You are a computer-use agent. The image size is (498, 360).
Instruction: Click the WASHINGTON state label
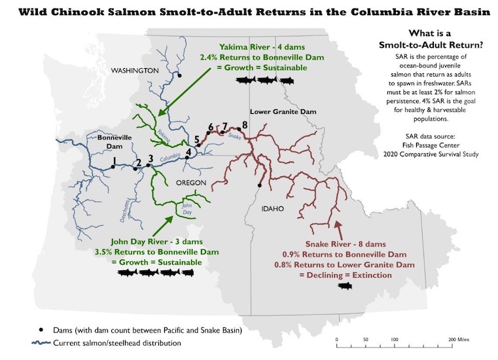pos(134,71)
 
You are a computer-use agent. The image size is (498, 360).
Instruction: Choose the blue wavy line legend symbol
pos(43,343)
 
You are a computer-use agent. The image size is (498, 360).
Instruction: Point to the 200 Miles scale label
pos(459,340)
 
